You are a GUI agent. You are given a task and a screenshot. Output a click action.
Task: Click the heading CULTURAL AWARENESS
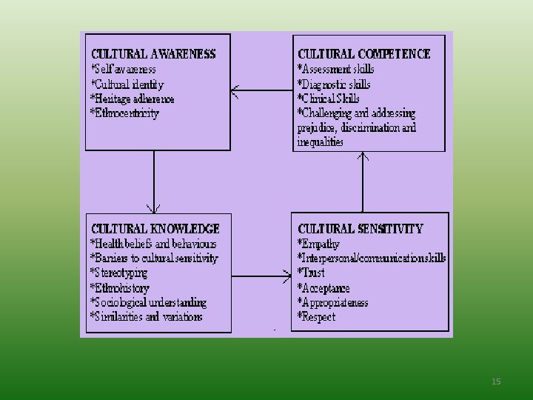pyautogui.click(x=153, y=54)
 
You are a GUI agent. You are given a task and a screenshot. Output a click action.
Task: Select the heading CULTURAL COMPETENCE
pyautogui.click(x=364, y=54)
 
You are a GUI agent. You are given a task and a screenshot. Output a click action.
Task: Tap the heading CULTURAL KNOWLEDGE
pyautogui.click(x=155, y=229)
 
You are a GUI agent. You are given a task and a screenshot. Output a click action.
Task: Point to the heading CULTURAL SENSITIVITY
pyautogui.click(x=361, y=229)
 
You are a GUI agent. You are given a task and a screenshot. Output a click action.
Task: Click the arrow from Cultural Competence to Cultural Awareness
pyautogui.click(x=262, y=90)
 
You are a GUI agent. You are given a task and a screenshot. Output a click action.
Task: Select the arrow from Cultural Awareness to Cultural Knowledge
pyautogui.click(x=154, y=182)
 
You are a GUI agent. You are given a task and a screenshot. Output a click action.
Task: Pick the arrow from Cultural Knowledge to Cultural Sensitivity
pyautogui.click(x=261, y=276)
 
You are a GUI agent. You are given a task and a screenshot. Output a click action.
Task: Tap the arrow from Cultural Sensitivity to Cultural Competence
pyautogui.click(x=363, y=182)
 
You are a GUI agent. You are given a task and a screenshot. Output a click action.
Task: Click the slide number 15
pyautogui.click(x=496, y=381)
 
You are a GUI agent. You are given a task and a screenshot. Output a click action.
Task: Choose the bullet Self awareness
pyautogui.click(x=124, y=70)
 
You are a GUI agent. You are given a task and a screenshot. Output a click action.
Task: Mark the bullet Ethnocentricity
pyautogui.click(x=125, y=113)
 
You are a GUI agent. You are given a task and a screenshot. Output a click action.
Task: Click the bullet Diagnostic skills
pyautogui.click(x=334, y=84)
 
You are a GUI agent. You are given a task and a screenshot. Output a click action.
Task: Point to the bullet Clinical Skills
pyautogui.click(x=329, y=99)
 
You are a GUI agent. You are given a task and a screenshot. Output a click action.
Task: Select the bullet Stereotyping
pyautogui.click(x=119, y=273)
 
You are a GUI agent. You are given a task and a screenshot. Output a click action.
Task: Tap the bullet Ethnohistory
pyautogui.click(x=120, y=288)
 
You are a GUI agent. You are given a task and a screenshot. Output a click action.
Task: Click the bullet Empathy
pyautogui.click(x=318, y=244)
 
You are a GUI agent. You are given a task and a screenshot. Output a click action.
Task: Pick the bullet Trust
pyautogui.click(x=311, y=273)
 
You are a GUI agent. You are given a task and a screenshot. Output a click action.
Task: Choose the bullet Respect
pyautogui.click(x=317, y=317)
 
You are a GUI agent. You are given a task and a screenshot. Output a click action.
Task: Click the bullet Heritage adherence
pyautogui.click(x=133, y=99)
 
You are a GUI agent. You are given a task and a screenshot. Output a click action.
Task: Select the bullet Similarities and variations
pyautogui.click(x=147, y=317)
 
